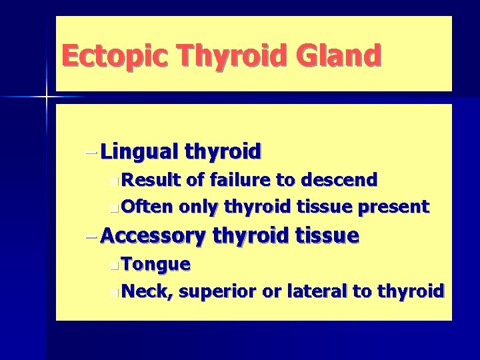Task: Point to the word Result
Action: (153, 179)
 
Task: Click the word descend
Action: (339, 179)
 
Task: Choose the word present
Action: (394, 207)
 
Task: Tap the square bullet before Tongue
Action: (118, 265)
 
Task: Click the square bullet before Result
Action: (118, 180)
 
